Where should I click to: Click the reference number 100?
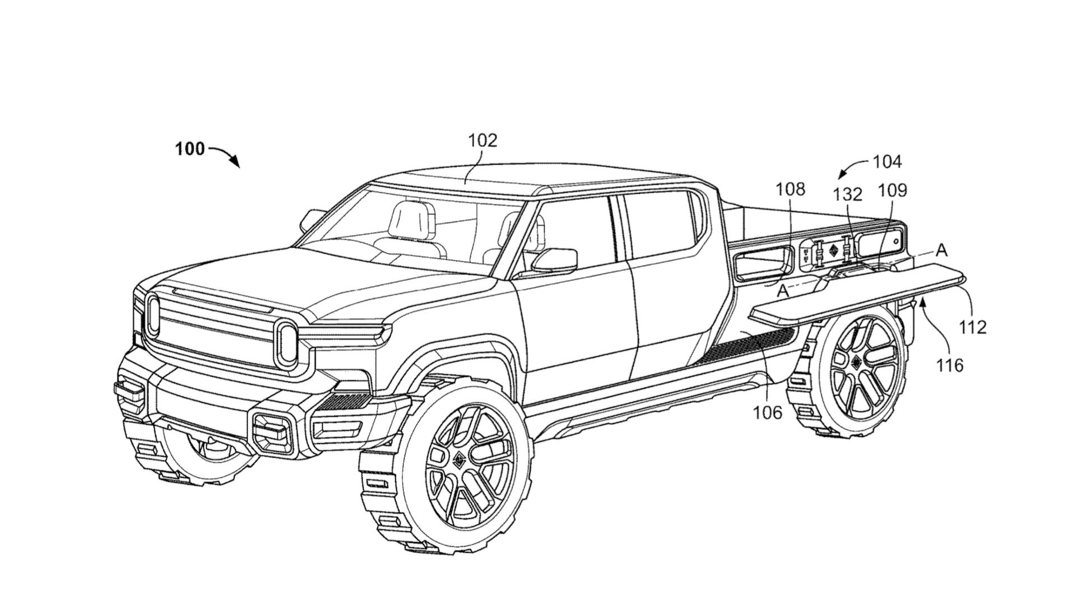(x=189, y=150)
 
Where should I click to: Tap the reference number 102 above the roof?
(x=483, y=140)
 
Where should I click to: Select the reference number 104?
(x=887, y=162)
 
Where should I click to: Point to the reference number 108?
(x=790, y=189)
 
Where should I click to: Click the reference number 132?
(x=847, y=194)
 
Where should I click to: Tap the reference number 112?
(x=973, y=327)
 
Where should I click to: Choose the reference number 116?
(x=949, y=365)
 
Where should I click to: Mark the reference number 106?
(x=767, y=412)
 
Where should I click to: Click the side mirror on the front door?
(x=555, y=260)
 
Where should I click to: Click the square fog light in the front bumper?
(x=271, y=427)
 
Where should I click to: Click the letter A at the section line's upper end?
(x=942, y=250)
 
